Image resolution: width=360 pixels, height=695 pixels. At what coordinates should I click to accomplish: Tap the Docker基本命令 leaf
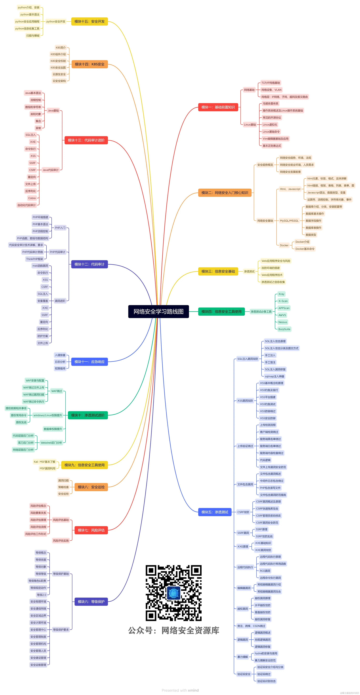(305, 249)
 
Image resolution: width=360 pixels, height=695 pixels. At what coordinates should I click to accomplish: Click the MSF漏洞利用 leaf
(47, 468)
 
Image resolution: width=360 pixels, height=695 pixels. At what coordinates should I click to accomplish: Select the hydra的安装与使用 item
(266, 653)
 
